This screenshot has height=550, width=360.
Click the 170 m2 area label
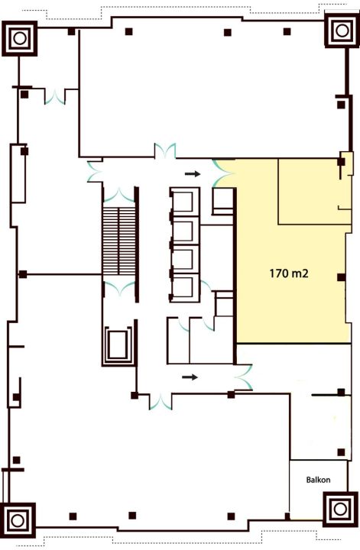[x=289, y=273]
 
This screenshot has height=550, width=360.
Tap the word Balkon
[x=318, y=480]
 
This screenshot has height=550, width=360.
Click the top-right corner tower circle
[x=342, y=30]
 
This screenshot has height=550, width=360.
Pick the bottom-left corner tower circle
[x=18, y=520]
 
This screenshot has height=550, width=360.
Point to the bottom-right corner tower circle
[x=339, y=509]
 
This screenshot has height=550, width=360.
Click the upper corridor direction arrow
[x=193, y=173]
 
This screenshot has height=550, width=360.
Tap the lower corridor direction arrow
[x=190, y=377]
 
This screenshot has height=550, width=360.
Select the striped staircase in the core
[x=119, y=241]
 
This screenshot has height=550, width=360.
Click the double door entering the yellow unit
[x=223, y=173]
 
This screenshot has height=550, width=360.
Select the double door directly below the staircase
[x=119, y=288]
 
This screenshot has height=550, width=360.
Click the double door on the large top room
[x=165, y=151]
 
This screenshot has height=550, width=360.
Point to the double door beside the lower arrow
[x=243, y=377]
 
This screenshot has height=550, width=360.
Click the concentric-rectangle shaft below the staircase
[x=119, y=345]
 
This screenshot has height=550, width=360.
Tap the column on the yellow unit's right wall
[x=342, y=277]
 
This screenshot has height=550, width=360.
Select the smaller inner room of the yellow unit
[x=314, y=191]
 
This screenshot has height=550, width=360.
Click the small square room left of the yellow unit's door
[x=223, y=201]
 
